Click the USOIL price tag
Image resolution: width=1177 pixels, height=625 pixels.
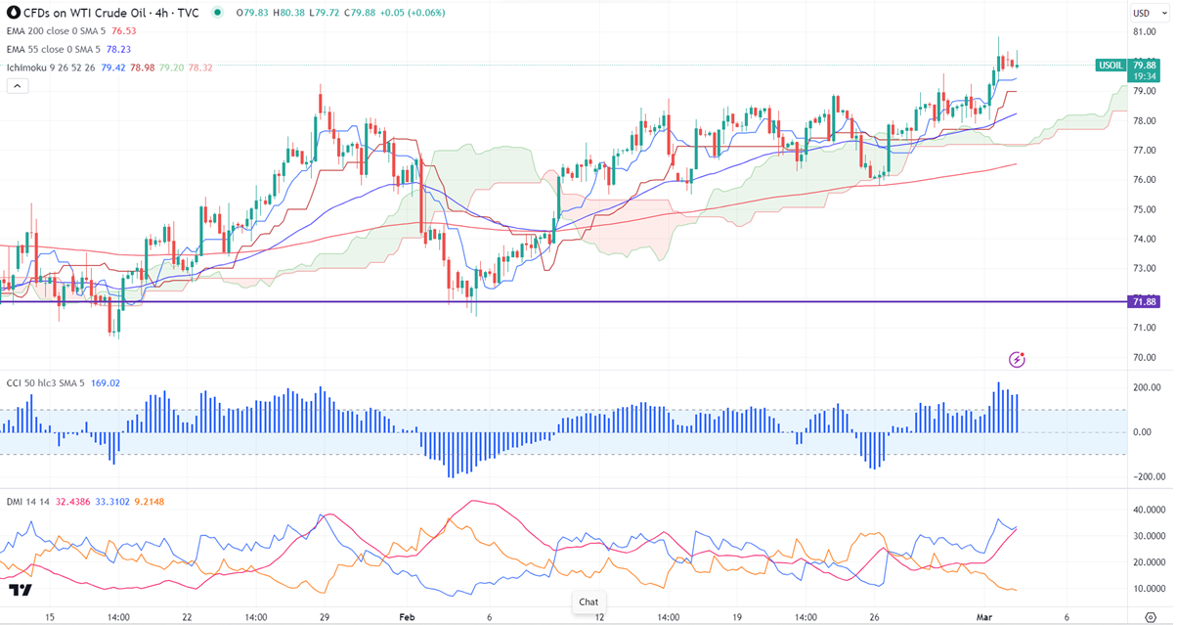(x=1111, y=66)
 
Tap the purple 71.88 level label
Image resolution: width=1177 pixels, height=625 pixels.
(x=1145, y=301)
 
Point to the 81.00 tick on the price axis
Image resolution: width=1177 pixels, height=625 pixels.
(x=1145, y=32)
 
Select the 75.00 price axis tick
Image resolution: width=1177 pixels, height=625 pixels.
(x=1145, y=209)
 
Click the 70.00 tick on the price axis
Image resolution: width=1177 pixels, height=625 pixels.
(x=1145, y=357)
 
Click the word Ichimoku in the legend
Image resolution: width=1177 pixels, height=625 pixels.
(x=28, y=67)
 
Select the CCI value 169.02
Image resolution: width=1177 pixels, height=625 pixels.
(x=105, y=383)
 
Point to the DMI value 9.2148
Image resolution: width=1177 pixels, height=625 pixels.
(x=149, y=502)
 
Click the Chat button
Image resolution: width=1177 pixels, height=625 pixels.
(x=588, y=602)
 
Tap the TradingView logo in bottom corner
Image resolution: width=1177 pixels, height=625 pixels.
(x=20, y=591)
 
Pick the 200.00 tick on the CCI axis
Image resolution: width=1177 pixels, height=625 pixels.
(x=1146, y=388)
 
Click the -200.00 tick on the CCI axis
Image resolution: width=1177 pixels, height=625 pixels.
(x=1144, y=476)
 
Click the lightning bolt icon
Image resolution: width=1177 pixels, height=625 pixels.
(x=1017, y=360)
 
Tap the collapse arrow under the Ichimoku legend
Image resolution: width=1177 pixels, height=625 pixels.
(x=18, y=86)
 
